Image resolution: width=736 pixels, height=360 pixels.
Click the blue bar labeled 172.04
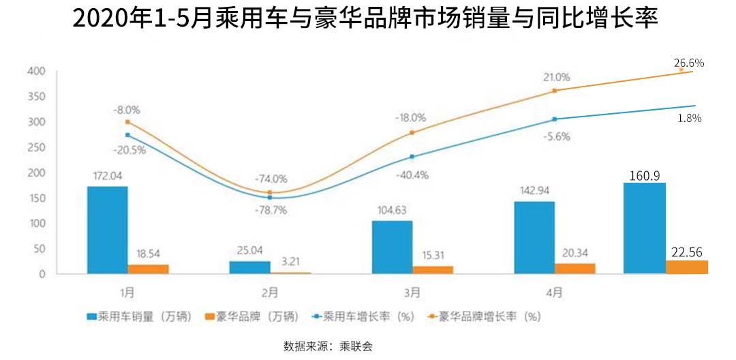(108, 230)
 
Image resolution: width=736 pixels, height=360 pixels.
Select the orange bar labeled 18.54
(148, 269)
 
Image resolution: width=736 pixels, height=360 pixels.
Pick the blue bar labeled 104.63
(392, 247)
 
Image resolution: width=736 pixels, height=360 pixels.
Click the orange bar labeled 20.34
(574, 268)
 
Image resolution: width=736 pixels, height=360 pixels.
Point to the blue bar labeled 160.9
(645, 228)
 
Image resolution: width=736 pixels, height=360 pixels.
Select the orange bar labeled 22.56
(686, 267)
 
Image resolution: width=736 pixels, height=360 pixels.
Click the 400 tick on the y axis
(36, 71)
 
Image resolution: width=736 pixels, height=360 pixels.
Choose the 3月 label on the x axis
(412, 292)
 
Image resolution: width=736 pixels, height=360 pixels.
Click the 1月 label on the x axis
(127, 292)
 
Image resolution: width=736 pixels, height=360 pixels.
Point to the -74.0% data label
(271, 179)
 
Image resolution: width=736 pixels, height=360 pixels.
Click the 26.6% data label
(689, 63)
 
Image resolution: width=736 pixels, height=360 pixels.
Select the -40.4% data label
(412, 175)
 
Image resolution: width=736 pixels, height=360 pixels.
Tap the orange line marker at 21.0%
(555, 91)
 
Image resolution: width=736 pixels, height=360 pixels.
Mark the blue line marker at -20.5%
(127, 135)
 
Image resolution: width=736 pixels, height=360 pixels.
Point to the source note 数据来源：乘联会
(328, 346)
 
